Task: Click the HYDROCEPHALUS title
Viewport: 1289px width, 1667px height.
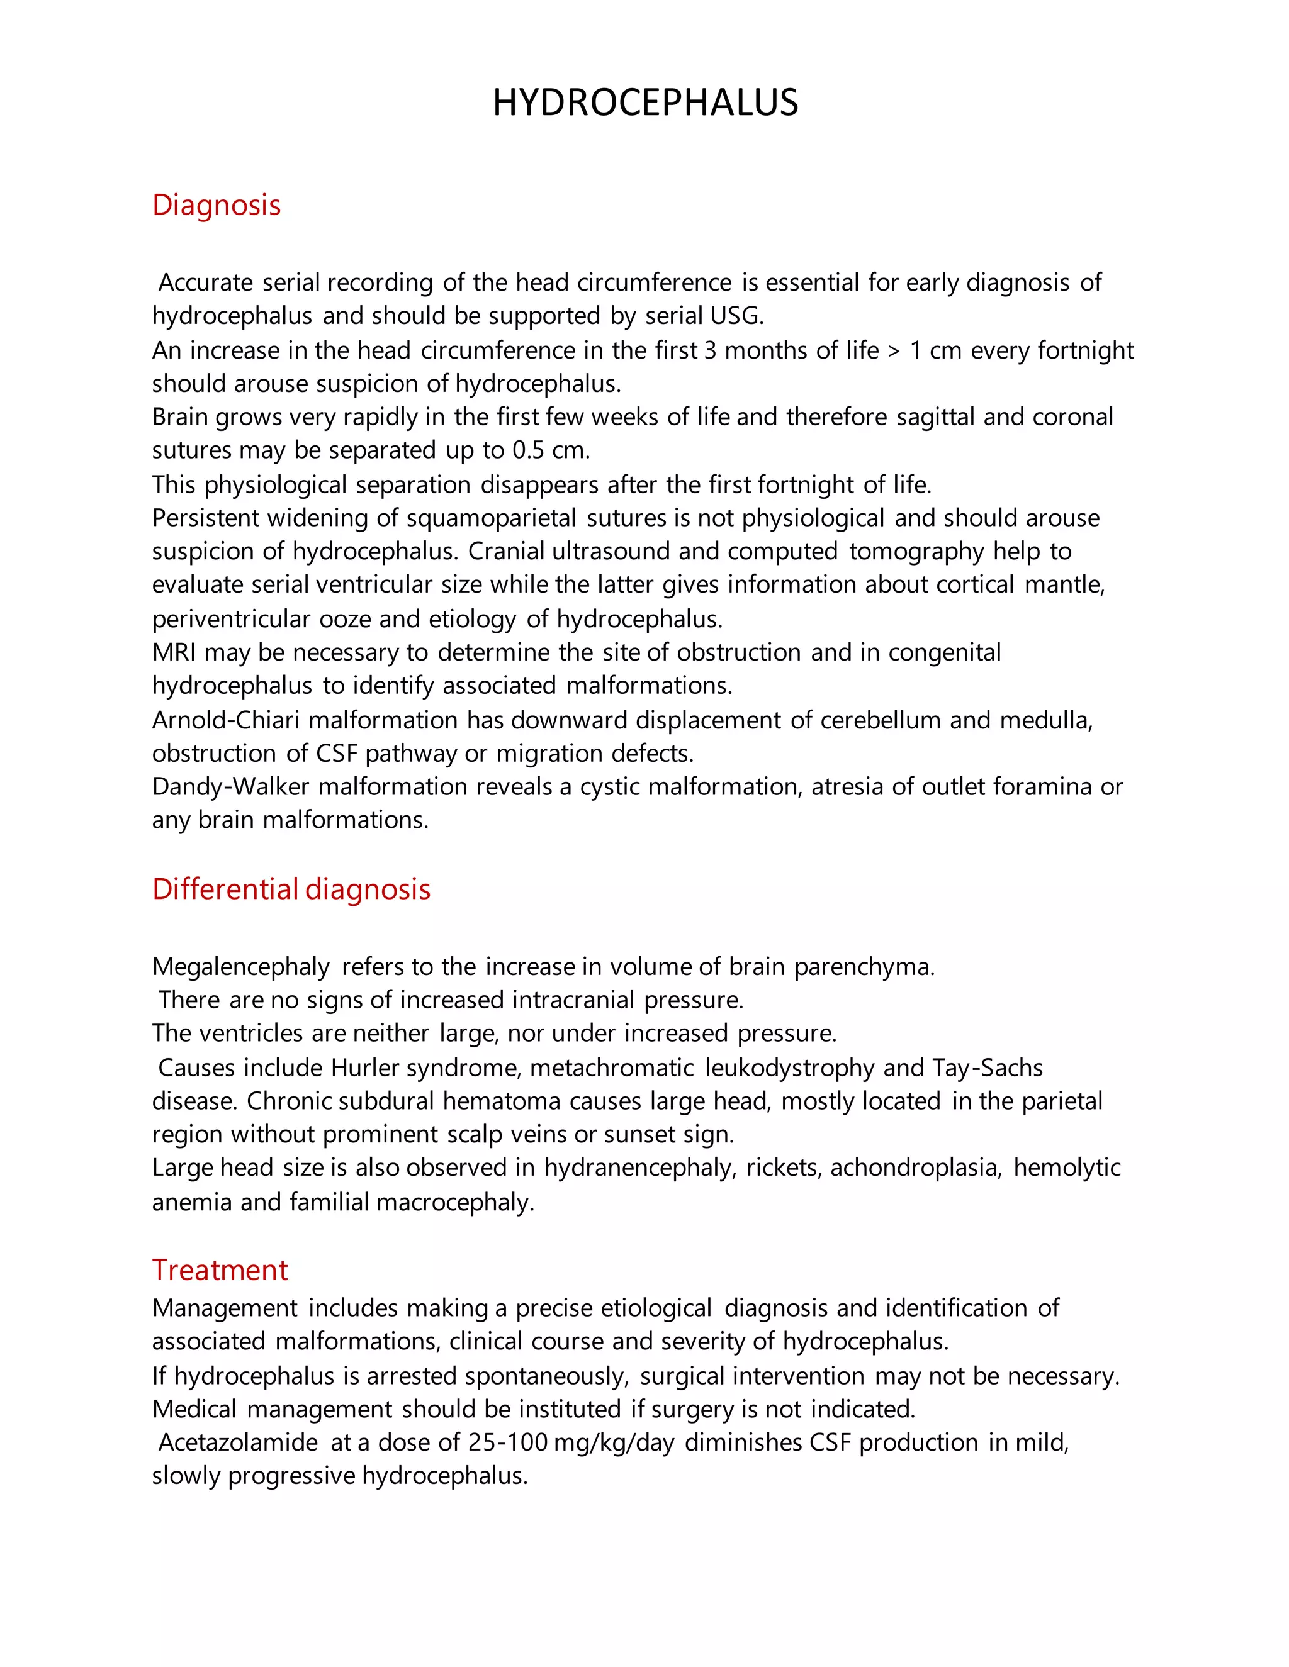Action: (644, 103)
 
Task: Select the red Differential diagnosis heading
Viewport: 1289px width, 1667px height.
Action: (291, 889)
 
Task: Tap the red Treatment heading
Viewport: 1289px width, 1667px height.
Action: (220, 1270)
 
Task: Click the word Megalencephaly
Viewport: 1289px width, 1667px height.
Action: (240, 967)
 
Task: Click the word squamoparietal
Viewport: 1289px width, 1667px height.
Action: (491, 518)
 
